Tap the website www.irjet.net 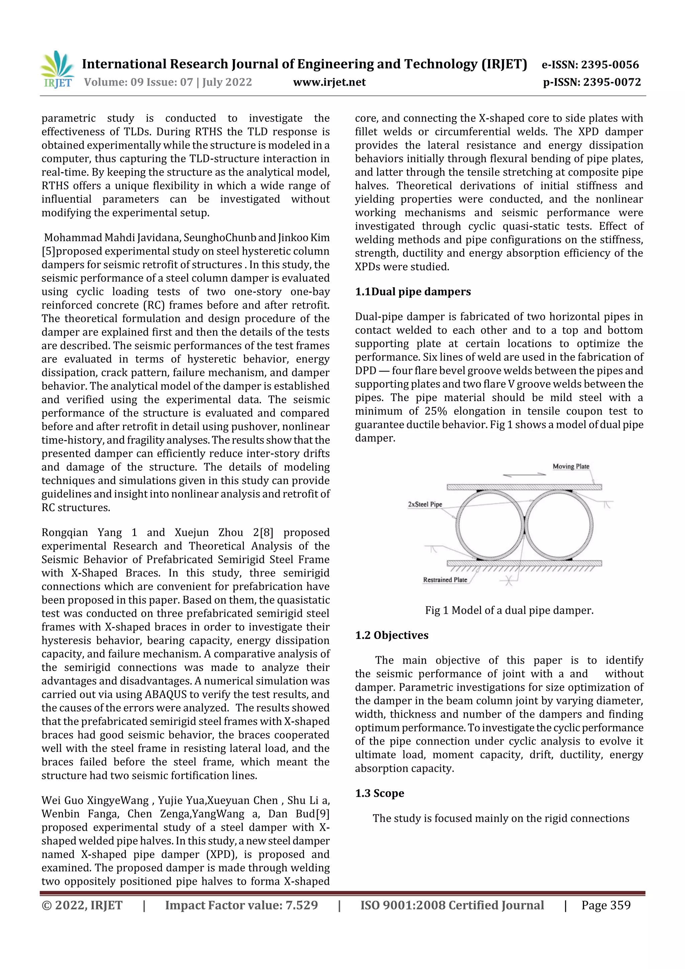click(x=329, y=82)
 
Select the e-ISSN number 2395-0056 click(x=609, y=65)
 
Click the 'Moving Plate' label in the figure click(x=571, y=466)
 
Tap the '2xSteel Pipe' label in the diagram click(x=424, y=504)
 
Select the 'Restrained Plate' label click(x=445, y=580)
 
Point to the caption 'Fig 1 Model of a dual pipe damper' click(x=509, y=610)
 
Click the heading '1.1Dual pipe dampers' click(x=412, y=292)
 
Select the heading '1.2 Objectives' click(x=391, y=635)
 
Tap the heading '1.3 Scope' click(x=379, y=793)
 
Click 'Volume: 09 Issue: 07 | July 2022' click(x=168, y=82)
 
